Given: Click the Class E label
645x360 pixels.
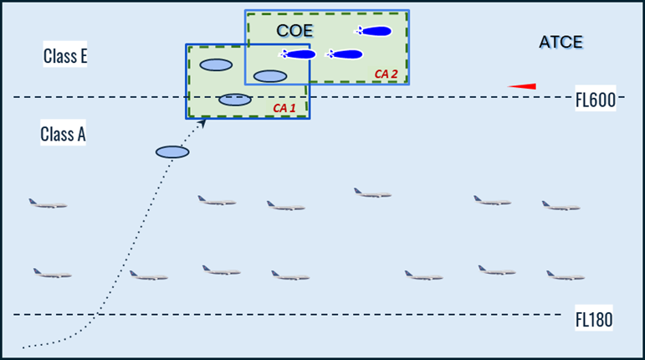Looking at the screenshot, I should coord(65,56).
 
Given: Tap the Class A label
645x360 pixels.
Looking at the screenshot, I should coord(64,134).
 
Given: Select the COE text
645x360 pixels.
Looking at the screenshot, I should coord(294,30).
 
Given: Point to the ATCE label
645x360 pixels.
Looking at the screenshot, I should coord(561,42).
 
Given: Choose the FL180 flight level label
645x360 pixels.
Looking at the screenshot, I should coord(594,319).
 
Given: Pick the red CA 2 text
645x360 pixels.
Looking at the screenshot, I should coord(386,74).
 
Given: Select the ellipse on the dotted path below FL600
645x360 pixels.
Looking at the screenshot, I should coord(172,152).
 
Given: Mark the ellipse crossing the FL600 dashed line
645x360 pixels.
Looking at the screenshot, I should coord(235,100).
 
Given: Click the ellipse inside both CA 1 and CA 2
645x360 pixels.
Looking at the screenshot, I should coord(270,76).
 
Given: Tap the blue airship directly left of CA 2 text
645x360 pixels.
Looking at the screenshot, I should coord(344,55).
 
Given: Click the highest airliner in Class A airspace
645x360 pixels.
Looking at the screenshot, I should coord(372,193).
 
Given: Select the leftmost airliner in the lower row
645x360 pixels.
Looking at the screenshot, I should coord(52,273).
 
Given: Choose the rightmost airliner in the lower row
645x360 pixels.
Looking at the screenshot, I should coord(565,275).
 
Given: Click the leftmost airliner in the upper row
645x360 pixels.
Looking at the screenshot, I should coord(48,203).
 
